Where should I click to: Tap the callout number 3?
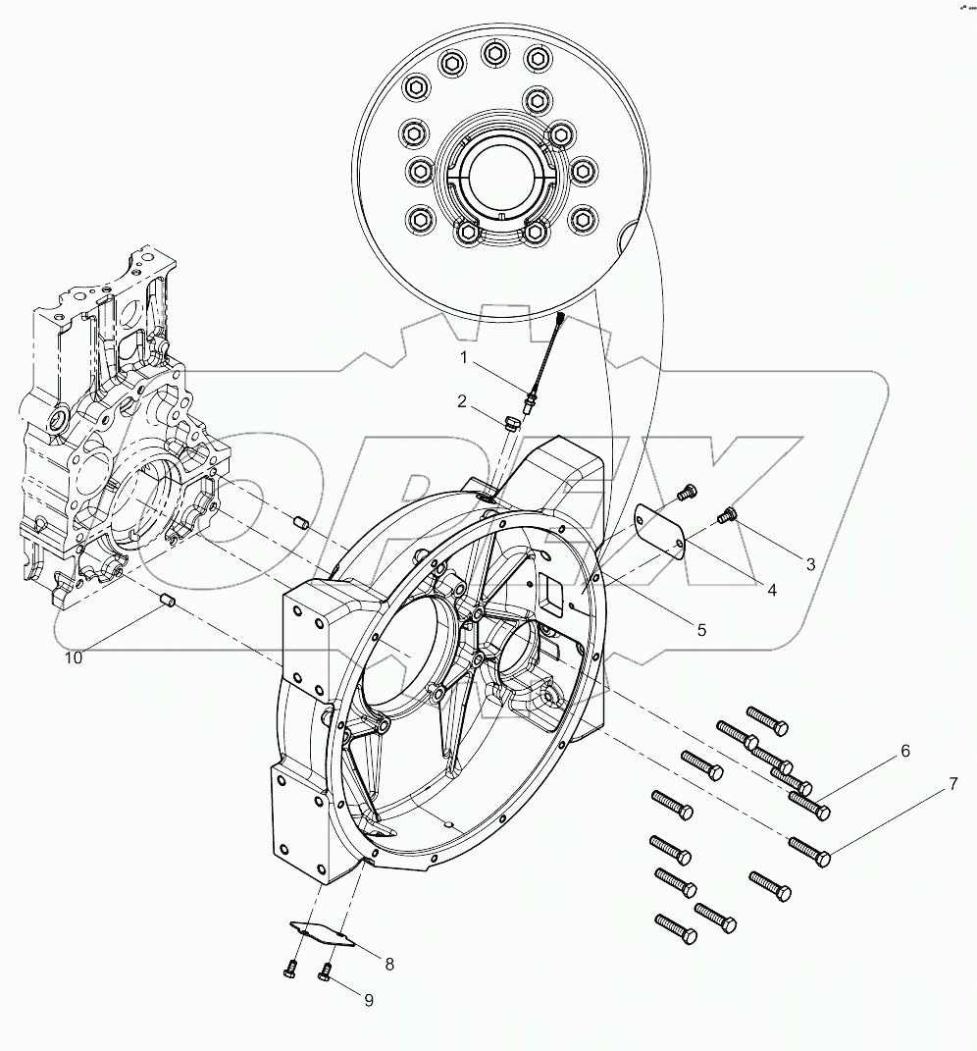pyautogui.click(x=810, y=564)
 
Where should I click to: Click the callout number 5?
pyautogui.click(x=701, y=630)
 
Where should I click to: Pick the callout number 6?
pyautogui.click(x=904, y=751)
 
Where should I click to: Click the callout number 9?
pyautogui.click(x=369, y=1001)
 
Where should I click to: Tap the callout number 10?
pyautogui.click(x=75, y=657)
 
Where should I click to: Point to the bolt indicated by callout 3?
pyautogui.click(x=728, y=512)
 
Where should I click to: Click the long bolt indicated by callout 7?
pyautogui.click(x=809, y=851)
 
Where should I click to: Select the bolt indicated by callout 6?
pyautogui.click(x=809, y=805)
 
